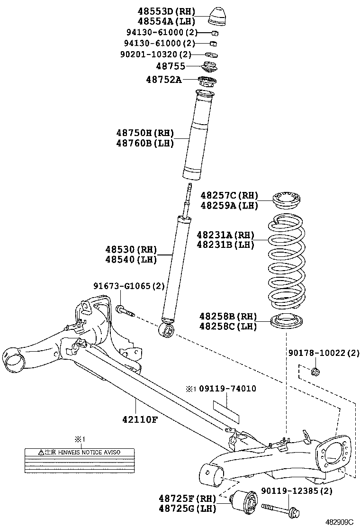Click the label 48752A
point(163,79)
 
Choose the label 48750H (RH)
point(145,133)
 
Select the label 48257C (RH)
point(229,195)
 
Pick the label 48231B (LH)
point(225,245)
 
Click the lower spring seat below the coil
point(286,322)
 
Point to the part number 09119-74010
point(227,389)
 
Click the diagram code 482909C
point(339,521)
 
